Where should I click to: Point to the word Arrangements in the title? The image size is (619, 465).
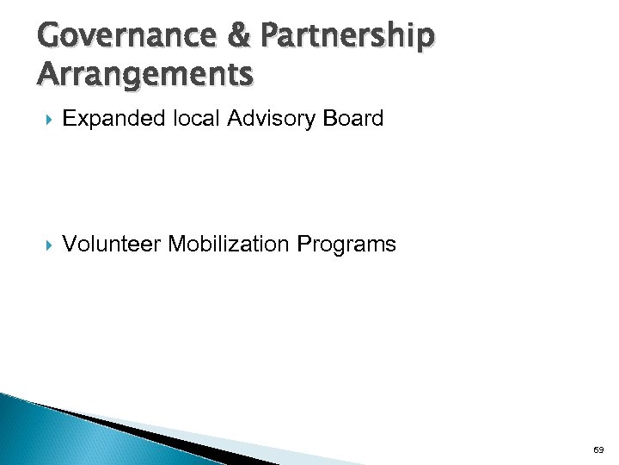[145, 74]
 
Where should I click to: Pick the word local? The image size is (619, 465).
[197, 119]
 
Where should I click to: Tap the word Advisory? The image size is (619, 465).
[272, 119]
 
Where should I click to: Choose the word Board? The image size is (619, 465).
[353, 119]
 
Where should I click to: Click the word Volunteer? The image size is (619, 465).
[112, 245]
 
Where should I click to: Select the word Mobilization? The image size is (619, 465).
[230, 245]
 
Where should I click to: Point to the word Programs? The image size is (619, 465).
[346, 245]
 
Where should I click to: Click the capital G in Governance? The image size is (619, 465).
[51, 36]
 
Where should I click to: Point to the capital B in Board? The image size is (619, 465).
[331, 119]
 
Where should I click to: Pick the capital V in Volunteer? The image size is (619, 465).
[70, 245]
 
